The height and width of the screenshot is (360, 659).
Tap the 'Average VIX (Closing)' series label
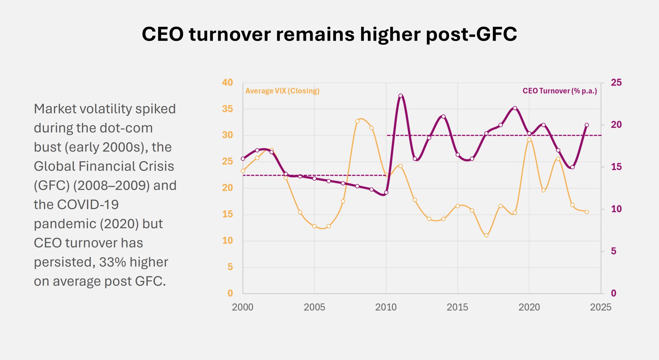[x=282, y=91]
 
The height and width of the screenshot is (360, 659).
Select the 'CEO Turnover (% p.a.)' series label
[x=560, y=91]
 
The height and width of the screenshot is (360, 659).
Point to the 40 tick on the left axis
[x=227, y=83]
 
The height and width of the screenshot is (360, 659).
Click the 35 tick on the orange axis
[x=227, y=109]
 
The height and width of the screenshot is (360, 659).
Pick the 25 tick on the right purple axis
[x=616, y=83]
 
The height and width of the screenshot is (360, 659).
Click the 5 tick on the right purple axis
[x=614, y=251]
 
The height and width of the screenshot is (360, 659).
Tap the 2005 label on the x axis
[x=314, y=307]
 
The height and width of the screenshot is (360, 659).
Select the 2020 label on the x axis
[x=529, y=307]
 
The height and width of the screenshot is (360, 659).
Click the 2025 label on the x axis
[x=601, y=307]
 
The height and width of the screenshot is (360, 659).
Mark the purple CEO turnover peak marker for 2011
[x=401, y=96]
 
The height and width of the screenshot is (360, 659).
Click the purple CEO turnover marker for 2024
[x=587, y=125]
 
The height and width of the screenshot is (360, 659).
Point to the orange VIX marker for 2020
[x=529, y=140]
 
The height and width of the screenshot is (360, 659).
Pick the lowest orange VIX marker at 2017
[x=486, y=235]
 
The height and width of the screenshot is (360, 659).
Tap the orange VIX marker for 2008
[x=357, y=121]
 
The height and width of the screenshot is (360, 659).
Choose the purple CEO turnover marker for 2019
[x=515, y=108]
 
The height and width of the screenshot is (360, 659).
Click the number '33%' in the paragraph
[x=112, y=262]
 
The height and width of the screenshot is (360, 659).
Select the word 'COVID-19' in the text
[x=88, y=205]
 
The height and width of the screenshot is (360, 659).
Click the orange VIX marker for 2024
[x=587, y=212]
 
